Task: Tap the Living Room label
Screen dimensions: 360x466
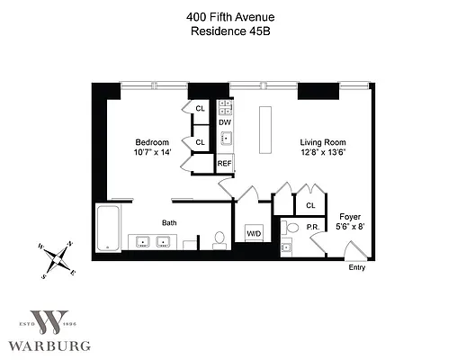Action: [322, 142]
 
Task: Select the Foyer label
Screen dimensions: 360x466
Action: [350, 216]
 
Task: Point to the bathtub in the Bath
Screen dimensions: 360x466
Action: [108, 229]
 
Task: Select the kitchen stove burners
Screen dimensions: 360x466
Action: [226, 107]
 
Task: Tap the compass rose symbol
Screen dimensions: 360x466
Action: [57, 259]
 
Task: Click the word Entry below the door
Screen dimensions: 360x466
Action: [357, 267]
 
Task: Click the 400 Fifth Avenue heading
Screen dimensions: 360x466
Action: [231, 15]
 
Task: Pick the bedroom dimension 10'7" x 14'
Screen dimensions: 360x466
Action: [152, 153]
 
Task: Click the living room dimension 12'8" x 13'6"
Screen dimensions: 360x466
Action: [322, 153]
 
